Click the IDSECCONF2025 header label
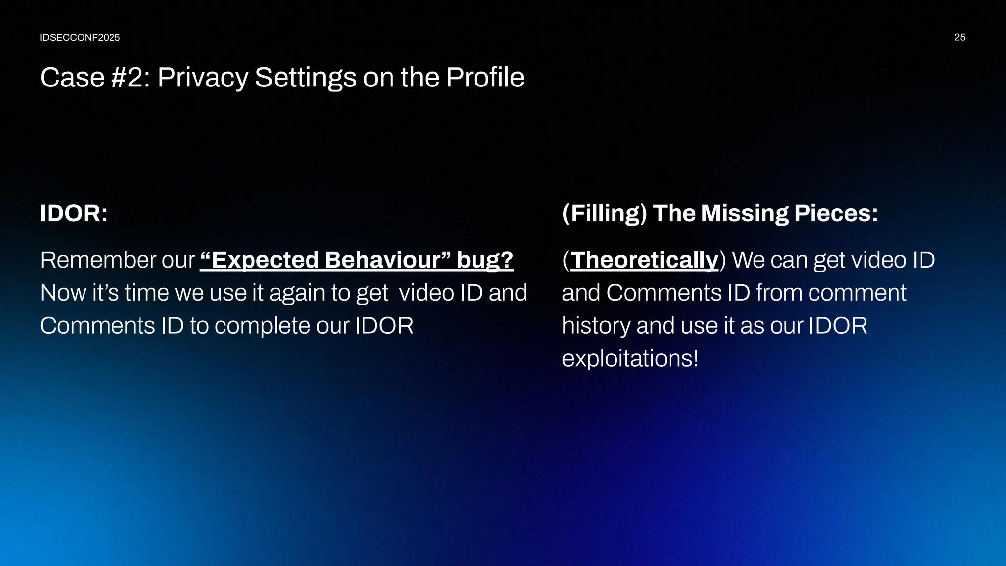click(x=80, y=38)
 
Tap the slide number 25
click(x=959, y=38)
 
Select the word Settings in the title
click(x=306, y=78)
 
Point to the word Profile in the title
click(x=485, y=78)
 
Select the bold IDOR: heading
click(x=74, y=213)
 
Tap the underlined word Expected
click(x=260, y=260)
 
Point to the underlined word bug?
click(x=485, y=260)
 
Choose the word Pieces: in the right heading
click(x=836, y=213)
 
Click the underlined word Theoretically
click(x=644, y=260)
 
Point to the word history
click(x=596, y=326)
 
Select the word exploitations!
click(x=630, y=358)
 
